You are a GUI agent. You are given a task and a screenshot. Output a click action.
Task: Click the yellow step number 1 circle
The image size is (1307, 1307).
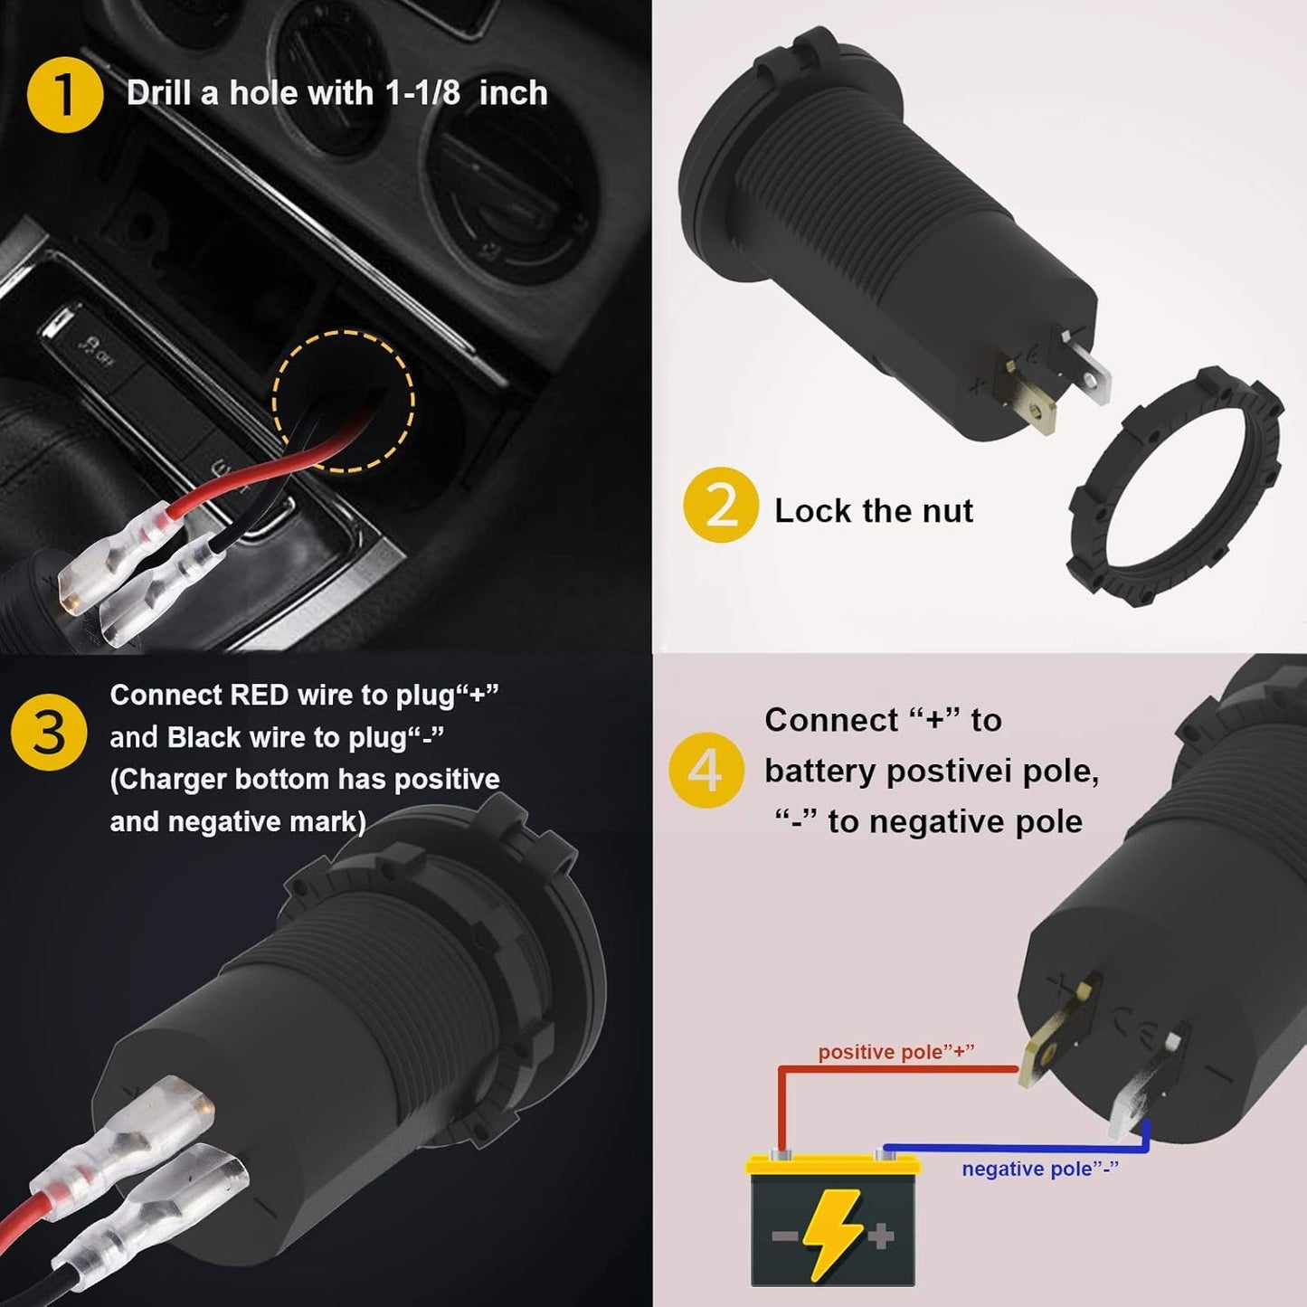64,94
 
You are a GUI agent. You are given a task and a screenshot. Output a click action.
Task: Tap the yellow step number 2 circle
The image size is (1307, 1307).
720,506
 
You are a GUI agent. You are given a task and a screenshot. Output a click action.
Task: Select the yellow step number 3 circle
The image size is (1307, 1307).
49,733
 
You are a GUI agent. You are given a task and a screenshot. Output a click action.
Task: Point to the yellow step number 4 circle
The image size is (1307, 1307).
706,770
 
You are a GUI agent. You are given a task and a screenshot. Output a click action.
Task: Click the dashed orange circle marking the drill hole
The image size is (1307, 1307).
343,401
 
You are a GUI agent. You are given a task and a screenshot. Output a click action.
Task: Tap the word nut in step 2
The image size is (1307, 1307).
945,511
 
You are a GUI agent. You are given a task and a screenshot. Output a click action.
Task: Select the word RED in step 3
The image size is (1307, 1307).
260,695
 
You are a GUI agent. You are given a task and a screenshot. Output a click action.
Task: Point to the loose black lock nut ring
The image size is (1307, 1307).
1175,487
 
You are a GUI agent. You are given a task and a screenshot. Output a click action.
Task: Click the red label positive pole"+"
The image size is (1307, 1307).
895,1052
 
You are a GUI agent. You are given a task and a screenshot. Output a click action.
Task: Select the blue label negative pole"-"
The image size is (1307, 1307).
1039,1169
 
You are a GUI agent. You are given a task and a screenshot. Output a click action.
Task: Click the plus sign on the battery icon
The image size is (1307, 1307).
881,1235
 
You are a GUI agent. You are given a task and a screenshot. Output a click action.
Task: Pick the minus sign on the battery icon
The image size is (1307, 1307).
783,1236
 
